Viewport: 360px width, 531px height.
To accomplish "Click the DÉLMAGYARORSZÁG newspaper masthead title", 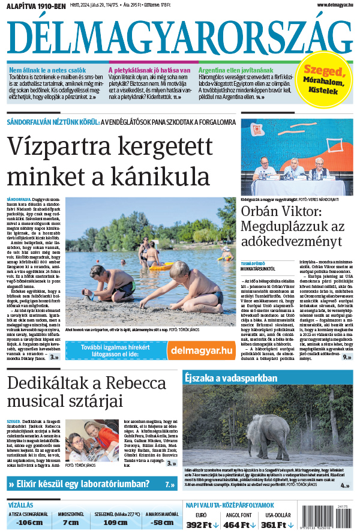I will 180,38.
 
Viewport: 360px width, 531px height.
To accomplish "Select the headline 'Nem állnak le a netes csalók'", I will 48,70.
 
